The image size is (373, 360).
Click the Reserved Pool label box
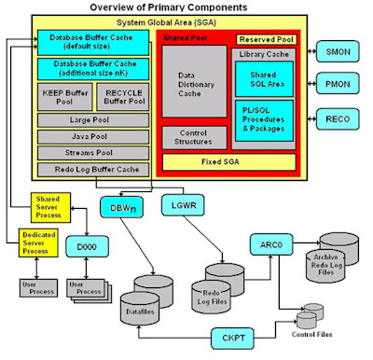tap(266, 40)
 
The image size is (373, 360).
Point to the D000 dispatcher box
tap(90, 246)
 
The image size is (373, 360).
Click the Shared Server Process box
tap(47, 206)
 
